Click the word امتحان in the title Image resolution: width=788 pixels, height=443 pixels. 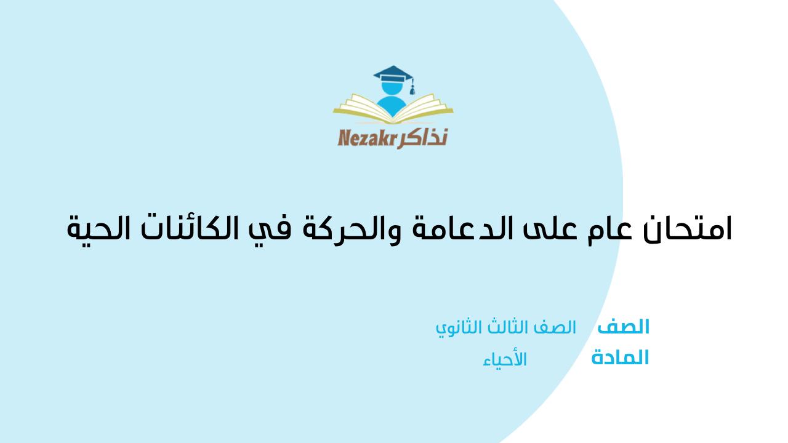688,228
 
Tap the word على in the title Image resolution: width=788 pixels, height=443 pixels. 549,228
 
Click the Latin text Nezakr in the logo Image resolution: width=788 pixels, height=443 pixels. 368,138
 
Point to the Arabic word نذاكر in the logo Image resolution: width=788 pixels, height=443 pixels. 422,137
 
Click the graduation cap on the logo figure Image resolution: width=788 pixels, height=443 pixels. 393,74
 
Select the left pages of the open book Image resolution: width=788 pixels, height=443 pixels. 363,107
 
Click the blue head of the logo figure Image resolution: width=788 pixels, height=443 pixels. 392,88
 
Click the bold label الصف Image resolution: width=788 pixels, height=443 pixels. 624,327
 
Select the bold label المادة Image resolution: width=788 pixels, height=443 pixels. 620,358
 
